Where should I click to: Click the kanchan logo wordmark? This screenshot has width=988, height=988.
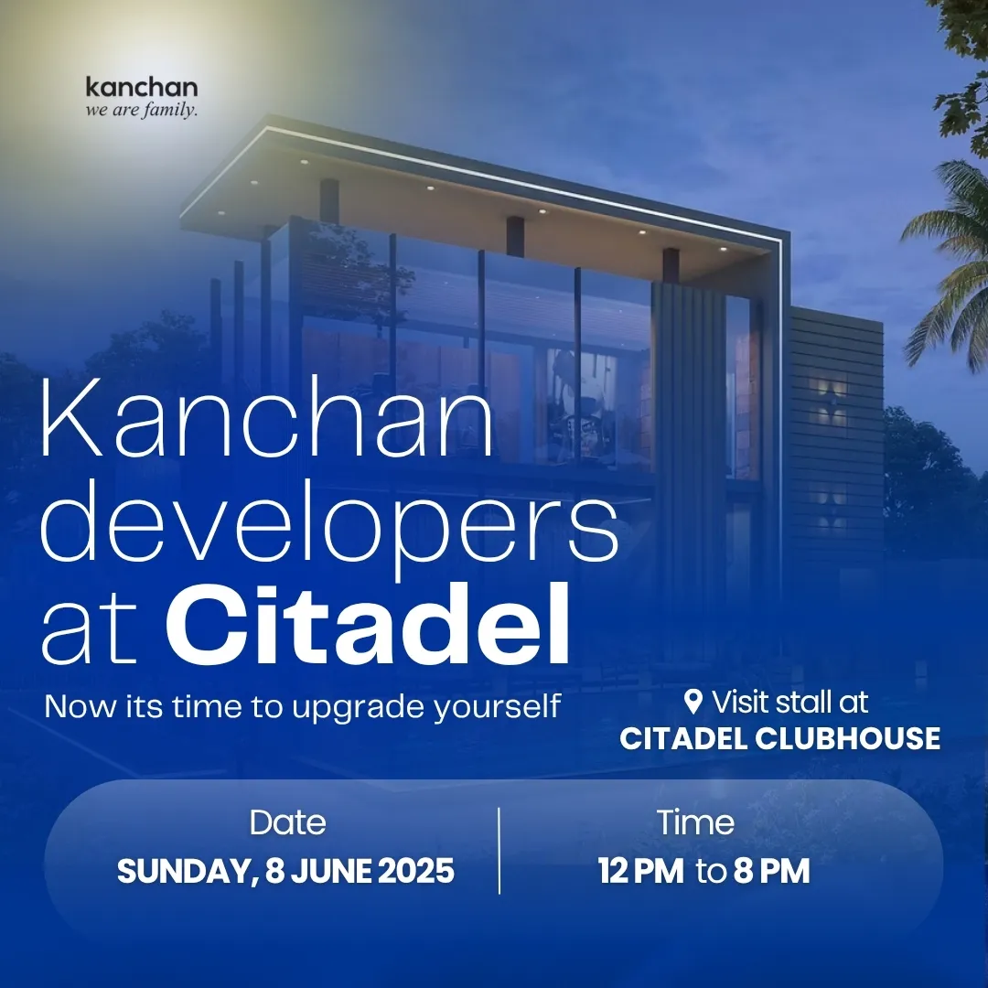coord(142,87)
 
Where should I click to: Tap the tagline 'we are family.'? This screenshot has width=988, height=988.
coord(142,111)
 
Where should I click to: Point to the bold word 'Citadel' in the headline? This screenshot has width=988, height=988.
coord(369,625)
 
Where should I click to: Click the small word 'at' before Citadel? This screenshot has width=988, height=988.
coord(90,631)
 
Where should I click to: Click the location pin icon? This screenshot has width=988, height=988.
coord(693,702)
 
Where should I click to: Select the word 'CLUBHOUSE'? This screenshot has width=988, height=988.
coord(847,738)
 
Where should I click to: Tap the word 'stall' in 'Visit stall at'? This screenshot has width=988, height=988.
coord(794,702)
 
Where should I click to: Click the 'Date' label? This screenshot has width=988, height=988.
coord(288,822)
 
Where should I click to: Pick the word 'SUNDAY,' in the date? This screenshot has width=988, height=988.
coord(188,872)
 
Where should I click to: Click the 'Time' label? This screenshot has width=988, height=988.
coord(695,822)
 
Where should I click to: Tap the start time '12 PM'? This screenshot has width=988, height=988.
coord(641,872)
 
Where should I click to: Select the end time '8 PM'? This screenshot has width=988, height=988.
coord(772,872)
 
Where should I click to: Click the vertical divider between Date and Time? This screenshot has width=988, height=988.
coord(499,851)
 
